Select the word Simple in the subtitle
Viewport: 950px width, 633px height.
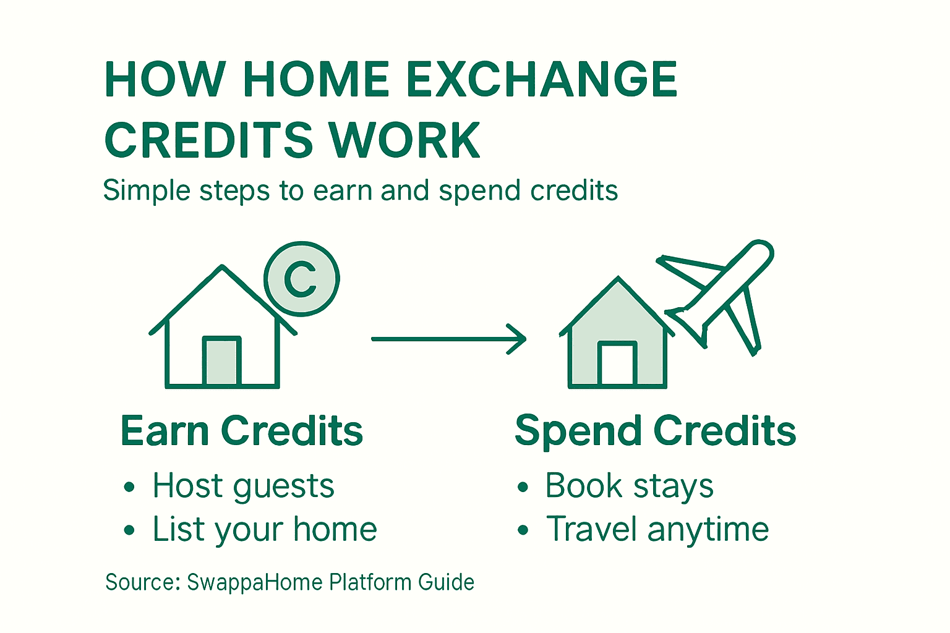[147, 190]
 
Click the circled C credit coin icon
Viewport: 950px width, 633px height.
[301, 279]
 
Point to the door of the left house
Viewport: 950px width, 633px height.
[221, 362]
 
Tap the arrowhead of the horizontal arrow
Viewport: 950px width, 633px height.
[518, 339]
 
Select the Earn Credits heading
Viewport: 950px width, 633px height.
[241, 431]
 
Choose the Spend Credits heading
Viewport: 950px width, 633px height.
[655, 431]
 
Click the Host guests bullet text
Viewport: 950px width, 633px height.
[243, 486]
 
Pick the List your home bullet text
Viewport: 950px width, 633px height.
[265, 530]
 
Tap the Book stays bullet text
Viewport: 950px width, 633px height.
[629, 486]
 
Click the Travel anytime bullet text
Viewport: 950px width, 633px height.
[657, 530]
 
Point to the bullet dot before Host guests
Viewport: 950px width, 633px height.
[129, 487]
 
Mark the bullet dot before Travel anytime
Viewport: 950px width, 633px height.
[523, 530]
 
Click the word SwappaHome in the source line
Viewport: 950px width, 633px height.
[254, 582]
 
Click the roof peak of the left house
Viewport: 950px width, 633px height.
[222, 269]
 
